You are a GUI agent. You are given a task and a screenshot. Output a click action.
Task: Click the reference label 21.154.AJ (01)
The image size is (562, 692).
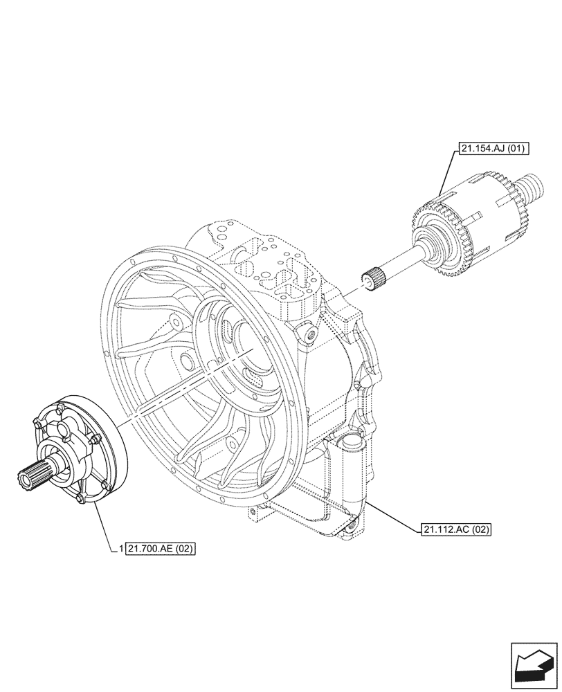(488, 148)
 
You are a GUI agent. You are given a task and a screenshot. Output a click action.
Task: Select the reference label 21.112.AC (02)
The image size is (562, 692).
(455, 530)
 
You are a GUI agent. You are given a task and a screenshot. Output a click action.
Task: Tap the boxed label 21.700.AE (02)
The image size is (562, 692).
(161, 549)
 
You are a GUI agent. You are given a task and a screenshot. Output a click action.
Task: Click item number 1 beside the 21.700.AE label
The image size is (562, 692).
(121, 549)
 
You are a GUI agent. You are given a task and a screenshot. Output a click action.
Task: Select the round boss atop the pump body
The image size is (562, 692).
(65, 432)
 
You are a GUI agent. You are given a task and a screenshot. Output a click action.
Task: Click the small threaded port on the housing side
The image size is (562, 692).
(309, 336)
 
